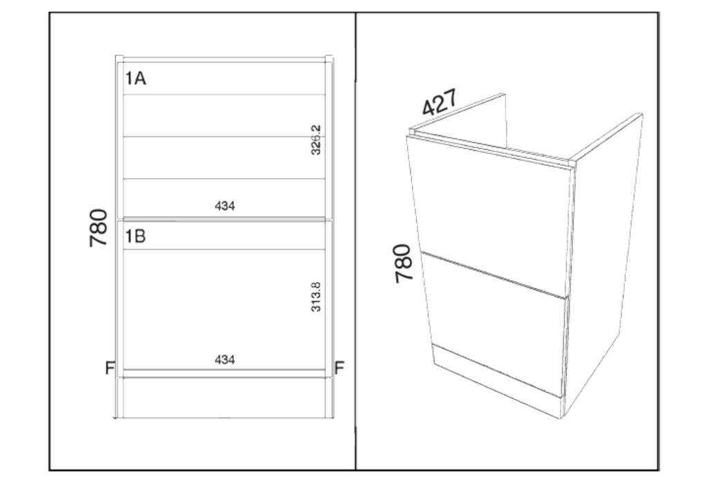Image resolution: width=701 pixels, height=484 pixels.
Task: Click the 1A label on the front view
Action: coord(135,78)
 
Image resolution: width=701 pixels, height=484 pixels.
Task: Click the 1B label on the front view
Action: coord(135,236)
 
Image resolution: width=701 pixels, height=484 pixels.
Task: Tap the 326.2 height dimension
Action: coord(316,140)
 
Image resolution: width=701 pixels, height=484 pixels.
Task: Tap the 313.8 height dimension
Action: coord(316,297)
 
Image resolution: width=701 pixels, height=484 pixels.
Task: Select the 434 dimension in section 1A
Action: coord(225,206)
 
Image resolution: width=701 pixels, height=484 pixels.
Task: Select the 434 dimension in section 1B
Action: coord(225,360)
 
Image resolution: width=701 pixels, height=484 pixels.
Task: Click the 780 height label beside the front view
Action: coord(98,227)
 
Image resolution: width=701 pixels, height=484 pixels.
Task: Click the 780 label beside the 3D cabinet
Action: coord(403,263)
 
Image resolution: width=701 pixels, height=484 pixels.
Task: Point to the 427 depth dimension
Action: coord(440,102)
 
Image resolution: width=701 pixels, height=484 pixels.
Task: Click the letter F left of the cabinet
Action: coord(110,368)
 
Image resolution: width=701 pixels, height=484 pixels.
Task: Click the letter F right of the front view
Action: coord(339,368)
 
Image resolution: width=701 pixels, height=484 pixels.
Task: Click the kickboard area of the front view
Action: coord(224,398)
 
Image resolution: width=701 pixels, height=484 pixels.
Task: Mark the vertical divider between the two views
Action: coord(356,241)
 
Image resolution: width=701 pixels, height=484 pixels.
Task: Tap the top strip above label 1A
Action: coord(224,59)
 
